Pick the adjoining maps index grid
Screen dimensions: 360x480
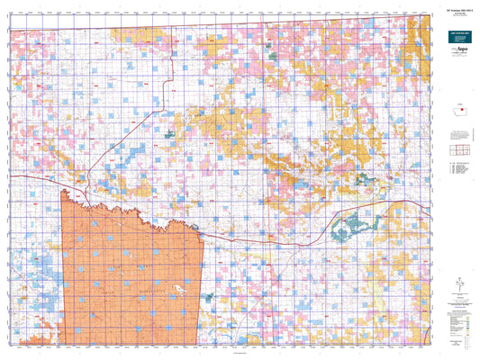[x=459, y=149]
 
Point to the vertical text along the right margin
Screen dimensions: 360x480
[x=475, y=180]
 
